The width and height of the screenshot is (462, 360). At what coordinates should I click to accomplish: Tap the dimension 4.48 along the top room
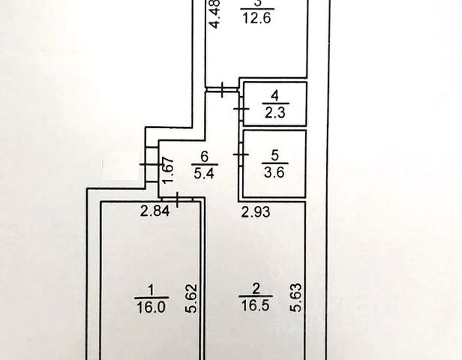(216, 15)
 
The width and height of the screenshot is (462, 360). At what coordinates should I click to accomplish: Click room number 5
(274, 156)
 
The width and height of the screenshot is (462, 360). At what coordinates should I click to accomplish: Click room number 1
(151, 289)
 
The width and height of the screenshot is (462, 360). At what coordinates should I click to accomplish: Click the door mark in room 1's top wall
(178, 199)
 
